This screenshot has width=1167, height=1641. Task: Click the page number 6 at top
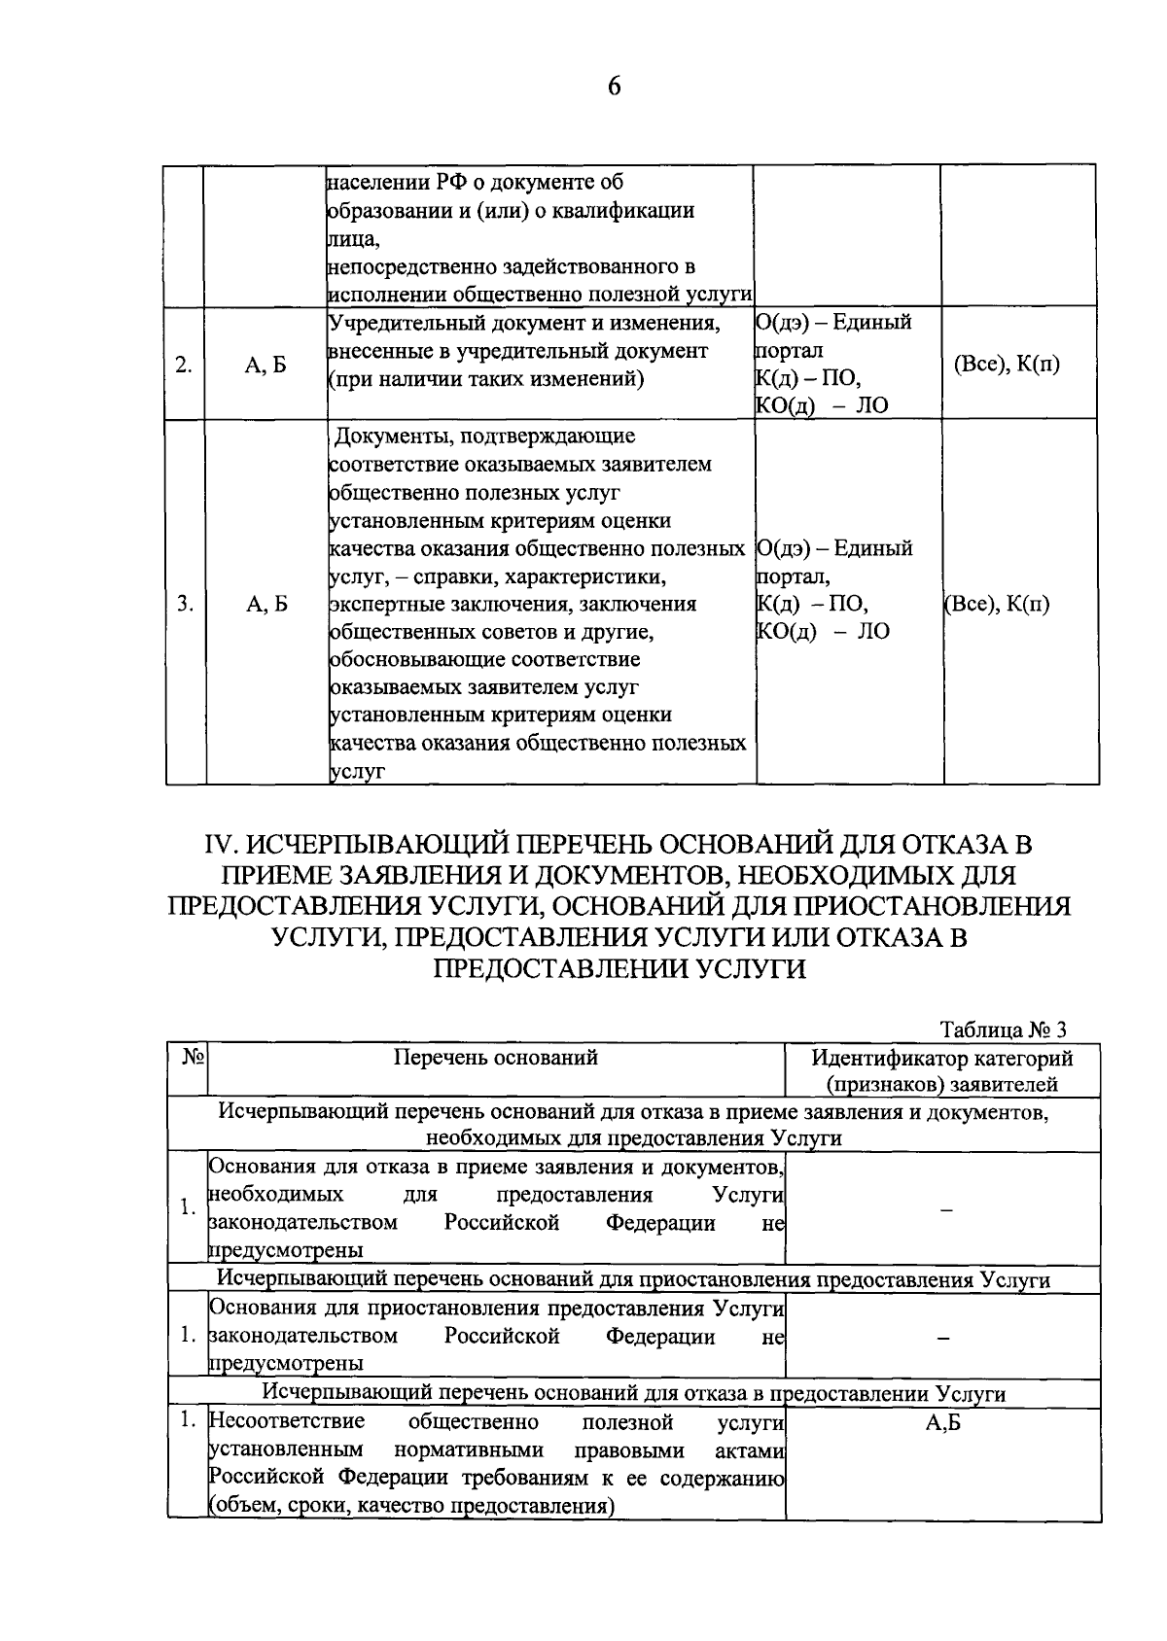tap(614, 87)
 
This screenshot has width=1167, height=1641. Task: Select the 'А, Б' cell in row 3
tap(266, 605)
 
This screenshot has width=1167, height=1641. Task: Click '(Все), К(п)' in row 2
tap(1018, 365)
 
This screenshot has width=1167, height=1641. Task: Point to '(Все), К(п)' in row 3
tap(998, 604)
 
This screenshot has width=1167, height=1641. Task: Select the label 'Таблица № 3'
tap(1003, 1030)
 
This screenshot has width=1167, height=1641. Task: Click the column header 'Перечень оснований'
tap(495, 1057)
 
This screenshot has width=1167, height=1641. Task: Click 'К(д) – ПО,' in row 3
tap(811, 605)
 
